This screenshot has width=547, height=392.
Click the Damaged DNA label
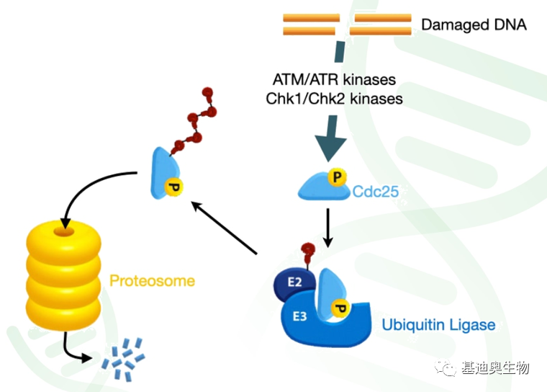[474, 25]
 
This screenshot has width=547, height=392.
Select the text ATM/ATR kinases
[334, 80]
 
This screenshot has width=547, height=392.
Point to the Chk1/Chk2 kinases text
[334, 99]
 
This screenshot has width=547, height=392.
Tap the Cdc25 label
[376, 192]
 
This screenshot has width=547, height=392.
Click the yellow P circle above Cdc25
[337, 177]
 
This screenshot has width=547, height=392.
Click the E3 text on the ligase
[299, 316]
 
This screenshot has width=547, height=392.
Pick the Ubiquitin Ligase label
[438, 325]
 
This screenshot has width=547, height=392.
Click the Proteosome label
[152, 281]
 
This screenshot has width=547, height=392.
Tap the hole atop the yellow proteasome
[64, 231]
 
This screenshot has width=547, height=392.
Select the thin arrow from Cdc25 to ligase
[327, 228]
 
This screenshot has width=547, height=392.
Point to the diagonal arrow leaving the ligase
[225, 228]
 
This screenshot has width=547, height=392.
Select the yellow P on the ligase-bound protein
[340, 308]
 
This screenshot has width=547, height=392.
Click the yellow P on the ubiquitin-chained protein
[173, 187]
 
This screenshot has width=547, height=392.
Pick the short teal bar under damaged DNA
[340, 52]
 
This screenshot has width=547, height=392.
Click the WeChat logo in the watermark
[445, 368]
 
